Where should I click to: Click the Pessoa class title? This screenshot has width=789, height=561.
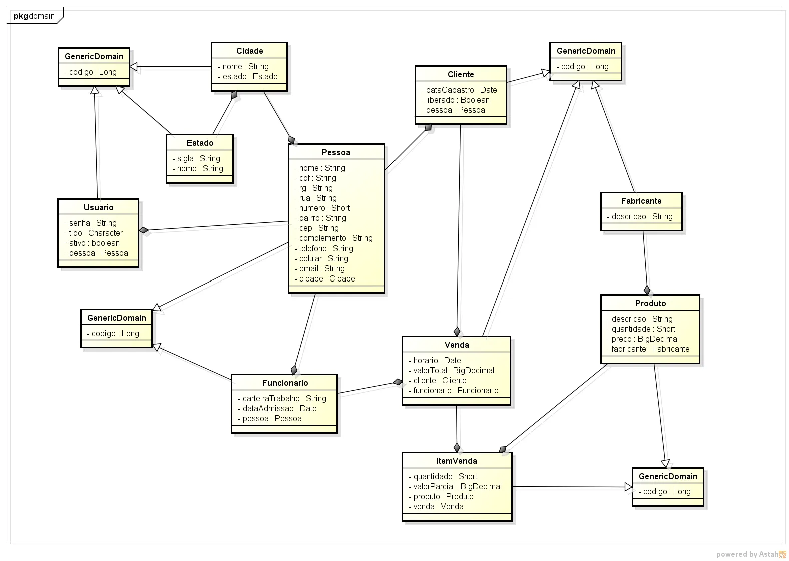point(336,152)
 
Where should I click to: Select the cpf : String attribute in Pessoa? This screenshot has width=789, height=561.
point(317,178)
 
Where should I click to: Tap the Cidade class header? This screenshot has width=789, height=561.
point(249,51)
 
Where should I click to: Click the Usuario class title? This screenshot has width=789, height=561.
point(98,207)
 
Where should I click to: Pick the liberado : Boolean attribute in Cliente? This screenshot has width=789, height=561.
point(457,100)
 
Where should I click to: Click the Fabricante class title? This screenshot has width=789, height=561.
point(641,201)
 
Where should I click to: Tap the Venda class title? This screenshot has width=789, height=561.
point(456,345)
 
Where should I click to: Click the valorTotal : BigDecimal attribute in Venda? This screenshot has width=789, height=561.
point(453,370)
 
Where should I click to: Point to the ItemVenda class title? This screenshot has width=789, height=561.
point(456,461)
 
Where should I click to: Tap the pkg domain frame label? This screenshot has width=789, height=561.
point(34,16)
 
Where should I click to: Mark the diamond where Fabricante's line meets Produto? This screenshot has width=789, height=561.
point(647,290)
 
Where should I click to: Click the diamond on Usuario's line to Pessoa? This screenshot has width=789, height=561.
point(144,230)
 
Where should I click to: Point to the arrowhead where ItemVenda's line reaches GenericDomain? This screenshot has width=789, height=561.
point(629,487)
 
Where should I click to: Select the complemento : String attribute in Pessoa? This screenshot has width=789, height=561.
point(335,238)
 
